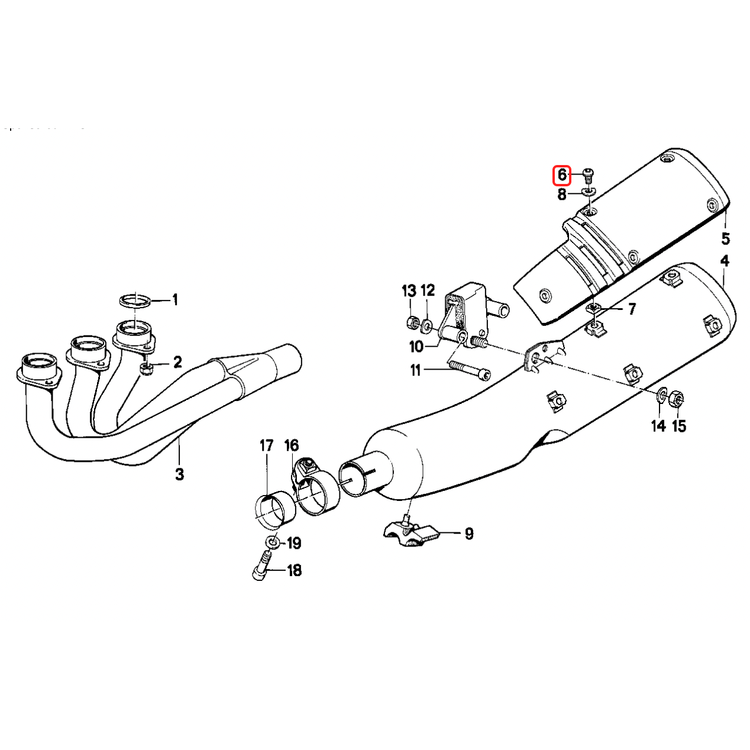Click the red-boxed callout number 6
click(561, 174)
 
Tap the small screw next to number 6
click(588, 173)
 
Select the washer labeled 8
click(589, 192)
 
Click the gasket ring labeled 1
click(135, 300)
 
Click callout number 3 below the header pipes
click(179, 474)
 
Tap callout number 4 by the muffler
click(725, 261)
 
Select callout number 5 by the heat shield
click(725, 238)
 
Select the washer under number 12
click(426, 325)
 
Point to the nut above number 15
click(677, 399)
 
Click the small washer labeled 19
click(271, 542)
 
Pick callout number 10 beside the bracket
click(416, 347)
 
